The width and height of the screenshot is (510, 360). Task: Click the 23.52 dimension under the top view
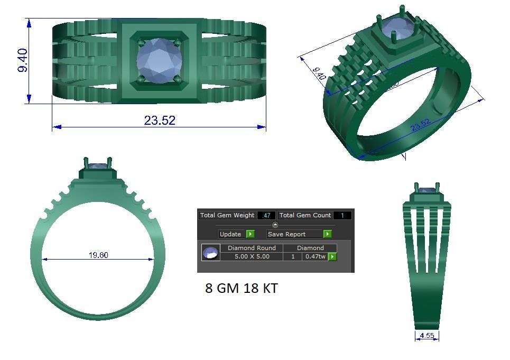(159, 121)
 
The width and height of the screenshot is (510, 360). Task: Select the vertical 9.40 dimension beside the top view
(23, 61)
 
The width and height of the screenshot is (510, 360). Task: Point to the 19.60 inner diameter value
(98, 255)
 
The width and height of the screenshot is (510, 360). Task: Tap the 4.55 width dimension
(427, 336)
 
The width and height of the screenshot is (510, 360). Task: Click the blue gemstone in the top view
(159, 60)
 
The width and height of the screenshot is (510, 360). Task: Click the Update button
(230, 234)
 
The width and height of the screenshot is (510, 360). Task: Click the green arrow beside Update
(251, 234)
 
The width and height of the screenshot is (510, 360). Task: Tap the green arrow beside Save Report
(327, 234)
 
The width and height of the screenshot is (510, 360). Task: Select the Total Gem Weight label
(227, 215)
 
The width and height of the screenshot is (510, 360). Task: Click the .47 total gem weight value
(266, 215)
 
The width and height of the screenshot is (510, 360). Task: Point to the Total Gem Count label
(305, 215)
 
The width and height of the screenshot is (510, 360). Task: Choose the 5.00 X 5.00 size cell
(251, 256)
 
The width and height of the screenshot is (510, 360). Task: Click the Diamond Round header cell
(251, 248)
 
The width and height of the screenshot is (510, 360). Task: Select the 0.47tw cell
(314, 256)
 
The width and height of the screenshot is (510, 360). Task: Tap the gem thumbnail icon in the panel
(210, 253)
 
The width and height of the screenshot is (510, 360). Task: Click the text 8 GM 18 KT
(241, 289)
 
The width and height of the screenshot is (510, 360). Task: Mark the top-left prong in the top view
(140, 41)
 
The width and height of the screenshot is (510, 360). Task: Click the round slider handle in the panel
(275, 225)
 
